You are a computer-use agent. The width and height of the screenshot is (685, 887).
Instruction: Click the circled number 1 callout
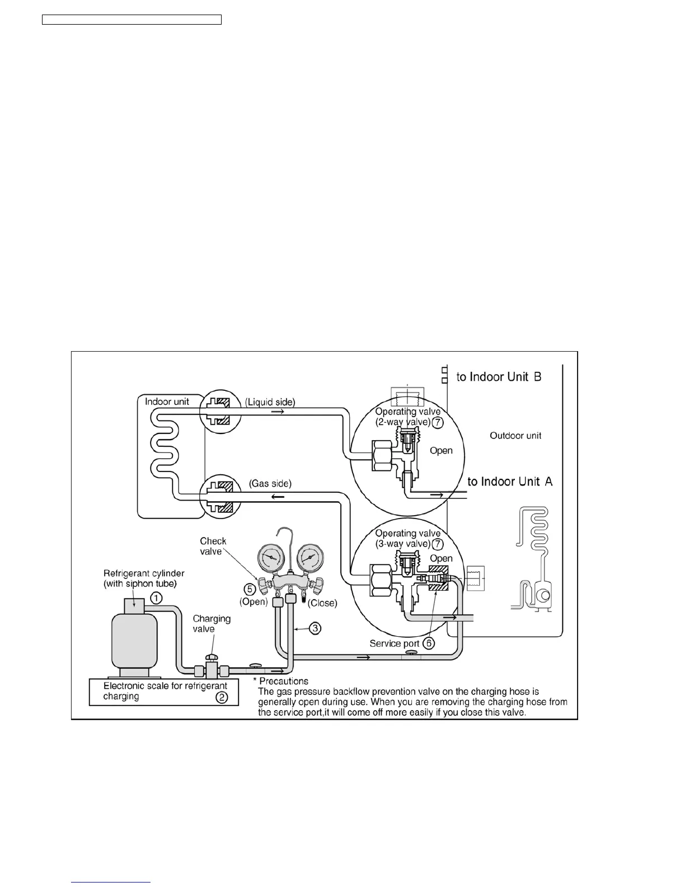coord(157,598)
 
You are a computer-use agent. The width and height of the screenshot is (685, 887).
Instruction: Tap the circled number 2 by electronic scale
coord(222,697)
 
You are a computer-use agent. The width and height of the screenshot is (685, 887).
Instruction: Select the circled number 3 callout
coord(316,628)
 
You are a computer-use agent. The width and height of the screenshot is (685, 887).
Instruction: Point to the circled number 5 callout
coord(250,589)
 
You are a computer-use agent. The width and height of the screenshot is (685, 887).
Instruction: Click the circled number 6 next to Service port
coord(428,643)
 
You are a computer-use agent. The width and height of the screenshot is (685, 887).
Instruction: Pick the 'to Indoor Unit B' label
coord(499,377)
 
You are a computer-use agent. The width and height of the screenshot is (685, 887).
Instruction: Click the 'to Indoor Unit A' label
coord(510,482)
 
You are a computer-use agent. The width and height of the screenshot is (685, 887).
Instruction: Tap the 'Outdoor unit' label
coord(515,436)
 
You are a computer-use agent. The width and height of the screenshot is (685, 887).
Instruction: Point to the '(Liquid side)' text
coord(270,402)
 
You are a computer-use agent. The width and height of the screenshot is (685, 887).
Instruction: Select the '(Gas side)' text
coord(270,483)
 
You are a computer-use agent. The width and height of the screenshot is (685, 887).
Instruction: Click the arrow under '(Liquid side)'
coord(278,412)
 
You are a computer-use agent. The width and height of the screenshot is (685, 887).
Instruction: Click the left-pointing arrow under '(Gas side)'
coord(278,497)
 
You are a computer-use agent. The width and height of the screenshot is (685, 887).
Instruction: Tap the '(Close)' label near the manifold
coord(322,603)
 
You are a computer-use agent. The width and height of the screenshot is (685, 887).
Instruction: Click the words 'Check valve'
coord(213,546)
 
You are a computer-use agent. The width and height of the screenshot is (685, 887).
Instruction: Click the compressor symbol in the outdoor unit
coord(542,596)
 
